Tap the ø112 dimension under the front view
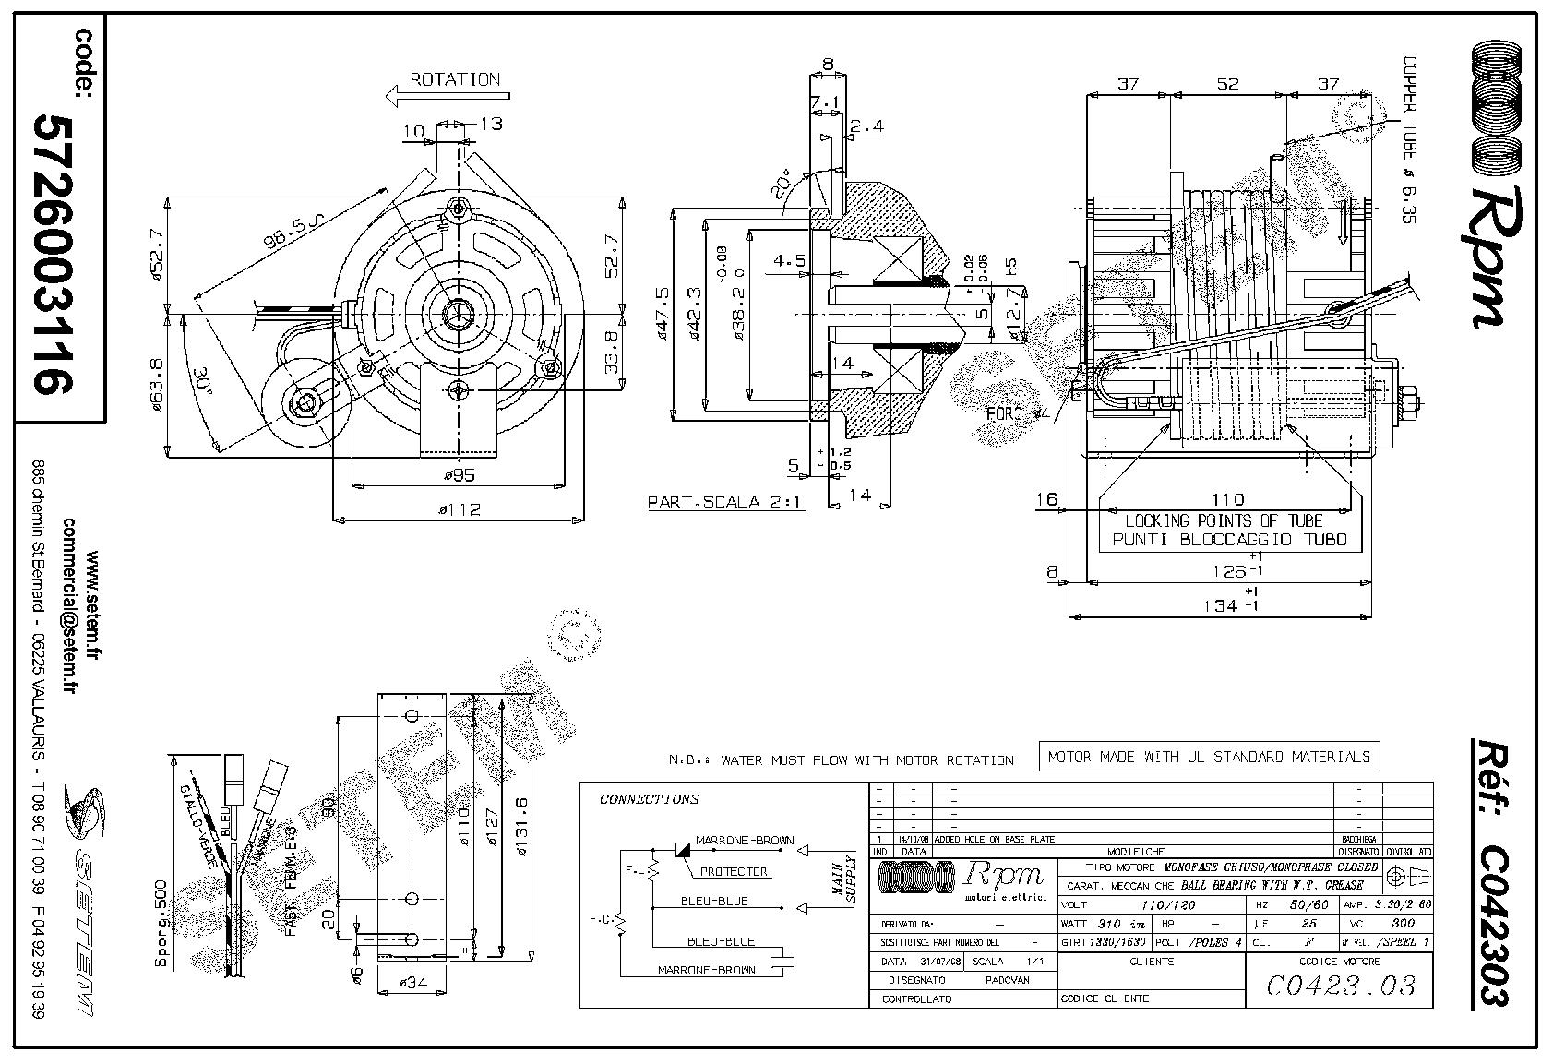pyautogui.click(x=459, y=509)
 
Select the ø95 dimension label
pyautogui.click(x=459, y=475)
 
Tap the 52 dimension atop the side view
pyautogui.click(x=1226, y=84)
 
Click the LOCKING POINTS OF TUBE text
pyautogui.click(x=1224, y=521)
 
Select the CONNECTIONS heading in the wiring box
pyautogui.click(x=650, y=799)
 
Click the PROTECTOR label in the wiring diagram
pyautogui.click(x=734, y=871)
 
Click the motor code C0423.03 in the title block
pyautogui.click(x=1340, y=986)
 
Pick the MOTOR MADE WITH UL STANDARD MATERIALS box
pyautogui.click(x=1209, y=757)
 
